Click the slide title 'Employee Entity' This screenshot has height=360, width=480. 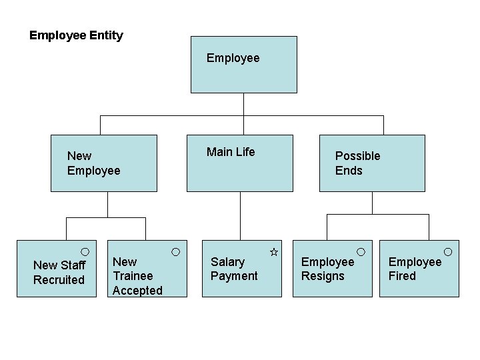(76, 35)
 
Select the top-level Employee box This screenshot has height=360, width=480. (243, 65)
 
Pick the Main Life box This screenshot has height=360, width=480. (239, 163)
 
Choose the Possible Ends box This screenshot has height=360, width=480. (372, 163)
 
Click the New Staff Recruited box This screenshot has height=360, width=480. (57, 268)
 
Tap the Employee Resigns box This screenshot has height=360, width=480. (332, 268)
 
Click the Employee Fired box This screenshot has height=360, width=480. (419, 268)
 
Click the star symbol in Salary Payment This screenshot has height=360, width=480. (273, 252)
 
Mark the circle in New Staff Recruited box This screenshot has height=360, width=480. (85, 251)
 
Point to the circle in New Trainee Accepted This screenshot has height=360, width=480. (175, 251)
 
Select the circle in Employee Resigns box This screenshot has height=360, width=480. (361, 251)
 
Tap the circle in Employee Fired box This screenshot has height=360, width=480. (448, 251)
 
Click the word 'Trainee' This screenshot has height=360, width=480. (133, 276)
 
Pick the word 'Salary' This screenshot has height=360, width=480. (227, 262)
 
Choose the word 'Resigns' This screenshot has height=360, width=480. (323, 276)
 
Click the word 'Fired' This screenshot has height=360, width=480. (402, 276)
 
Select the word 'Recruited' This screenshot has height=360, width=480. (59, 280)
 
